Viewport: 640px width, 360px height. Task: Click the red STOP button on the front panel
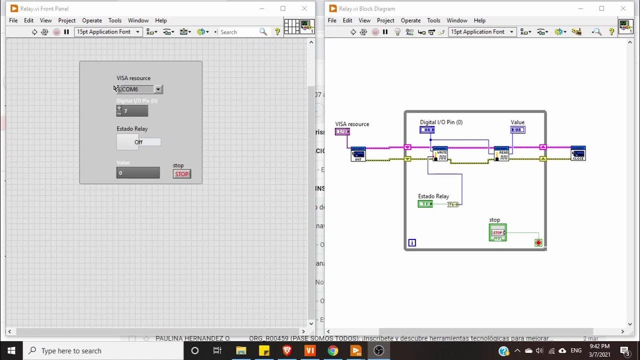coord(181,174)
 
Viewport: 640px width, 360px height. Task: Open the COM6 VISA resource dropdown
coord(158,89)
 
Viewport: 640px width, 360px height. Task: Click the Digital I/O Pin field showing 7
coord(135,111)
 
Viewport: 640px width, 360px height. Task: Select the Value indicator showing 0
coord(138,173)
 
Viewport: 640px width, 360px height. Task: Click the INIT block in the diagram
coord(358,154)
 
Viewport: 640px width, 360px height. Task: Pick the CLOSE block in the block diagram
coord(578,153)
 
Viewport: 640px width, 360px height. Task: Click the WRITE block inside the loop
coord(440,154)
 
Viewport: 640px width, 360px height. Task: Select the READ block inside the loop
coord(501,154)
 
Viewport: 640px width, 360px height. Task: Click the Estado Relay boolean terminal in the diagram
coord(425,204)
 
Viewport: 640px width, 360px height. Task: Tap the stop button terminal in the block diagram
coord(497,232)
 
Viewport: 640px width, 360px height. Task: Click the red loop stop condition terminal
coord(538,242)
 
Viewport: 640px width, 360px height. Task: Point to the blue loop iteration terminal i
coord(412,243)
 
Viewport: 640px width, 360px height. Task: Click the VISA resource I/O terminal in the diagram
coord(342,132)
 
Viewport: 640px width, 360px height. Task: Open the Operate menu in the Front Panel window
coord(91,20)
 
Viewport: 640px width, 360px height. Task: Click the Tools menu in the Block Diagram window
coord(433,20)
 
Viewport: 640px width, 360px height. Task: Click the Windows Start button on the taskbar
coord(11,350)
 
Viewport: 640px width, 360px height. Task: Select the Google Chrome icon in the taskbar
coord(332,350)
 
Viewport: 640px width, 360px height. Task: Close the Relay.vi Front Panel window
coord(304,8)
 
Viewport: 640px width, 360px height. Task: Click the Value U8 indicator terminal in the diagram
coord(517,130)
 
